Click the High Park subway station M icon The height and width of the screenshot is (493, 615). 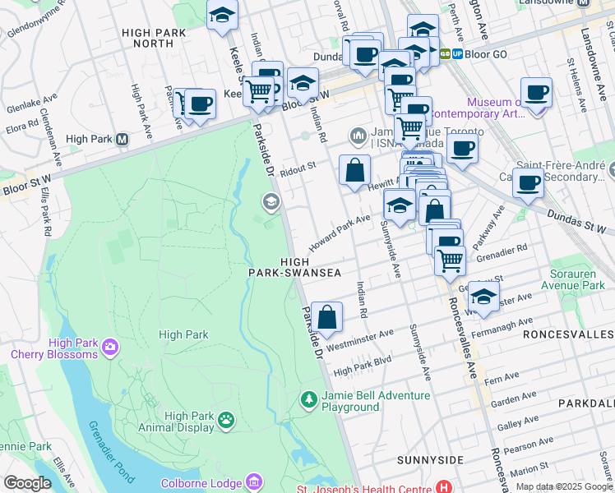pyautogui.click(x=122, y=139)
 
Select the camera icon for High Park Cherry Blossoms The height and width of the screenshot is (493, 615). pyautogui.click(x=109, y=349)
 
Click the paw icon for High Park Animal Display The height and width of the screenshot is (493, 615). pyautogui.click(x=225, y=420)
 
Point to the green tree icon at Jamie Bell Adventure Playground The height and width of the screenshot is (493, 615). pyautogui.click(x=308, y=400)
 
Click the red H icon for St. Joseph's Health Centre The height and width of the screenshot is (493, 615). pyautogui.click(x=445, y=486)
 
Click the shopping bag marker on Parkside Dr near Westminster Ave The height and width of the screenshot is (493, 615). pyautogui.click(x=326, y=316)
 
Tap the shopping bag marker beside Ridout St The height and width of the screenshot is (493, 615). pyautogui.click(x=354, y=170)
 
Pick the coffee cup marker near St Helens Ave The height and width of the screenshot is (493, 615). pyautogui.click(x=536, y=91)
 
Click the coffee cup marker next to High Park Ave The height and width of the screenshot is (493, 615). pyautogui.click(x=199, y=104)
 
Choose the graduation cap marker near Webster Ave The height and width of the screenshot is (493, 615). pyautogui.click(x=483, y=297)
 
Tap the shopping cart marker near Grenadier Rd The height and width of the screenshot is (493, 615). pyautogui.click(x=449, y=259)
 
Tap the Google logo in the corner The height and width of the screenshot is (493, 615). pyautogui.click(x=27, y=483)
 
